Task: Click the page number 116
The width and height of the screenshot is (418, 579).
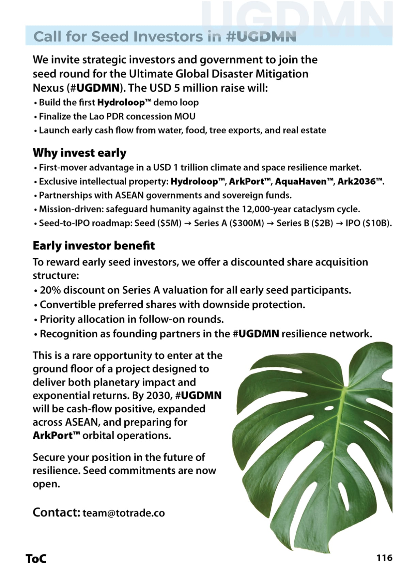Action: coord(384,558)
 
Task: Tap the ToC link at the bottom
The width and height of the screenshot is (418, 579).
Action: coord(36,559)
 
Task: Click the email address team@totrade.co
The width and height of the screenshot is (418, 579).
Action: coord(124,513)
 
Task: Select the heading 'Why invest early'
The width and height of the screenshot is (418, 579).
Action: coord(79,153)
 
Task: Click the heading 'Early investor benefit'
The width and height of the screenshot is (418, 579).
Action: coord(94,245)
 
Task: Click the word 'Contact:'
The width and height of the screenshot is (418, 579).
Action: coord(56,512)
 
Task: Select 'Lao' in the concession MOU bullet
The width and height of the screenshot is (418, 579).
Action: coord(97,116)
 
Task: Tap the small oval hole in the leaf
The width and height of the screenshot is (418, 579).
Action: coord(329,408)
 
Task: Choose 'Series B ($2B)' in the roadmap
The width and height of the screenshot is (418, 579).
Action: coord(305,223)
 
